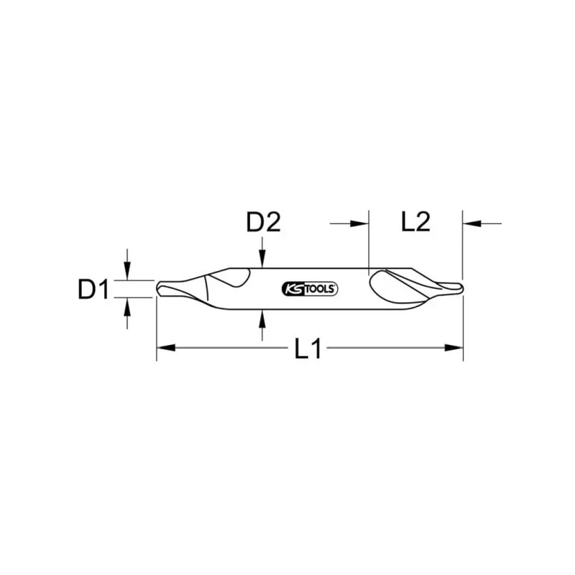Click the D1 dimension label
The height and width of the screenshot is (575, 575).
(93, 290)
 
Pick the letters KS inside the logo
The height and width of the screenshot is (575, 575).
(293, 289)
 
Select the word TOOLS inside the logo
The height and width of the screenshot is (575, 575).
(318, 289)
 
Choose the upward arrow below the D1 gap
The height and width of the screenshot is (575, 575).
(128, 307)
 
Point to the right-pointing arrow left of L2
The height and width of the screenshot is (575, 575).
(359, 224)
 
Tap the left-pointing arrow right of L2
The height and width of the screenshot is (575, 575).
(471, 224)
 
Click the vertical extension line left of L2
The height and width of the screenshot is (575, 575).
(368, 241)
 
